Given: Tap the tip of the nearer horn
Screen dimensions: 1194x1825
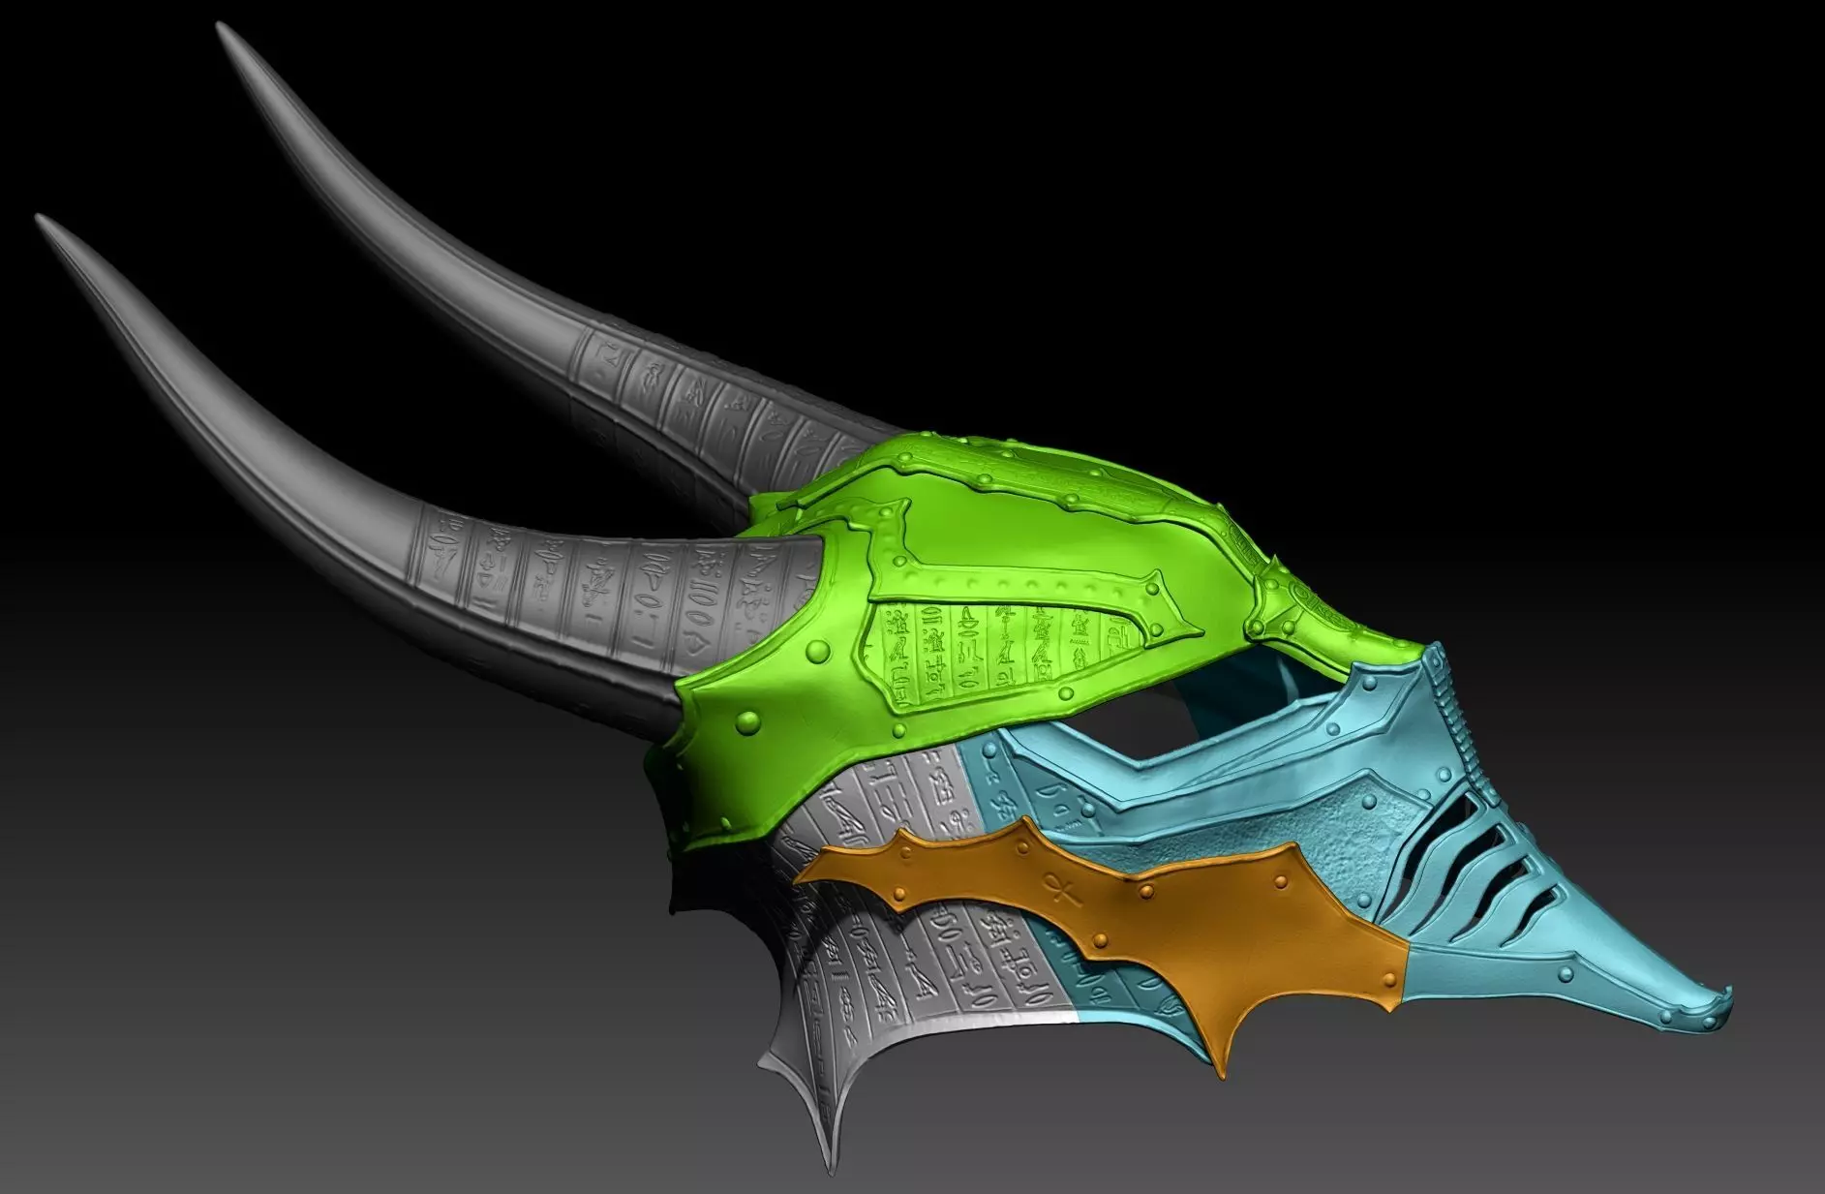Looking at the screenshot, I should click(40, 219).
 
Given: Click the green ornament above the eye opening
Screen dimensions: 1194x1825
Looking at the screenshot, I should click(1302, 605).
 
